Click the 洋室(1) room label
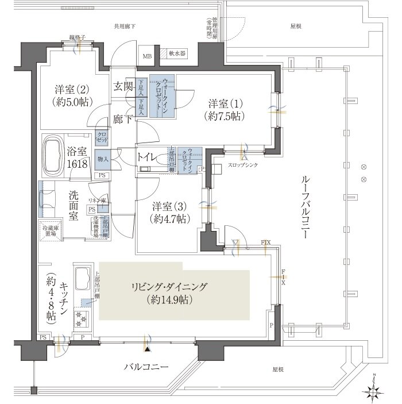click(x=226, y=110)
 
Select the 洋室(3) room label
click(x=169, y=212)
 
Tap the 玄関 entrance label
click(x=122, y=87)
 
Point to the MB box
click(x=146, y=56)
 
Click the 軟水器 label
click(x=177, y=53)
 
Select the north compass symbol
click(x=376, y=391)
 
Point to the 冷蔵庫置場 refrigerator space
click(x=51, y=232)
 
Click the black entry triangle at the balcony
click(x=148, y=348)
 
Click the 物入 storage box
click(x=103, y=159)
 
